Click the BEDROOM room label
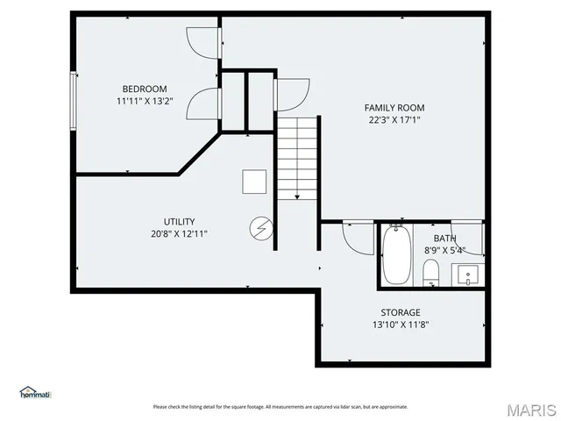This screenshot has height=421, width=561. click(x=144, y=89)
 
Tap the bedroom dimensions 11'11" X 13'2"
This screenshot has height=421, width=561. click(x=144, y=101)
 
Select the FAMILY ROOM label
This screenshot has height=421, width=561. click(x=394, y=108)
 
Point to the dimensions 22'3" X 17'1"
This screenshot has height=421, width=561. click(x=394, y=120)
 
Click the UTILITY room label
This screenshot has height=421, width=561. click(x=179, y=221)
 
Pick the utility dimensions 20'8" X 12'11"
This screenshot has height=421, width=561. click(x=179, y=233)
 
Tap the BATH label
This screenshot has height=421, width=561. click(x=445, y=239)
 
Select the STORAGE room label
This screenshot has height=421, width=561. click(x=400, y=312)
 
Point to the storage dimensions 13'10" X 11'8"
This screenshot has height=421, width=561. click(x=400, y=324)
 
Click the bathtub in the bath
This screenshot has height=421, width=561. click(x=395, y=255)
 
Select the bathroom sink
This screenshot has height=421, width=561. click(x=468, y=275)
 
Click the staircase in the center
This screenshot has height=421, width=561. click(x=297, y=158)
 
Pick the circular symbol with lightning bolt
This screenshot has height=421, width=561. click(x=260, y=229)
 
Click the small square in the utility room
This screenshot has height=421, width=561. click(x=255, y=181)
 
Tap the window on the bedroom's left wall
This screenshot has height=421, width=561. click(x=74, y=101)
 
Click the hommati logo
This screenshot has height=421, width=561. click(x=35, y=392)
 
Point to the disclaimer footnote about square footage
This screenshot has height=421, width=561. click(x=280, y=407)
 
